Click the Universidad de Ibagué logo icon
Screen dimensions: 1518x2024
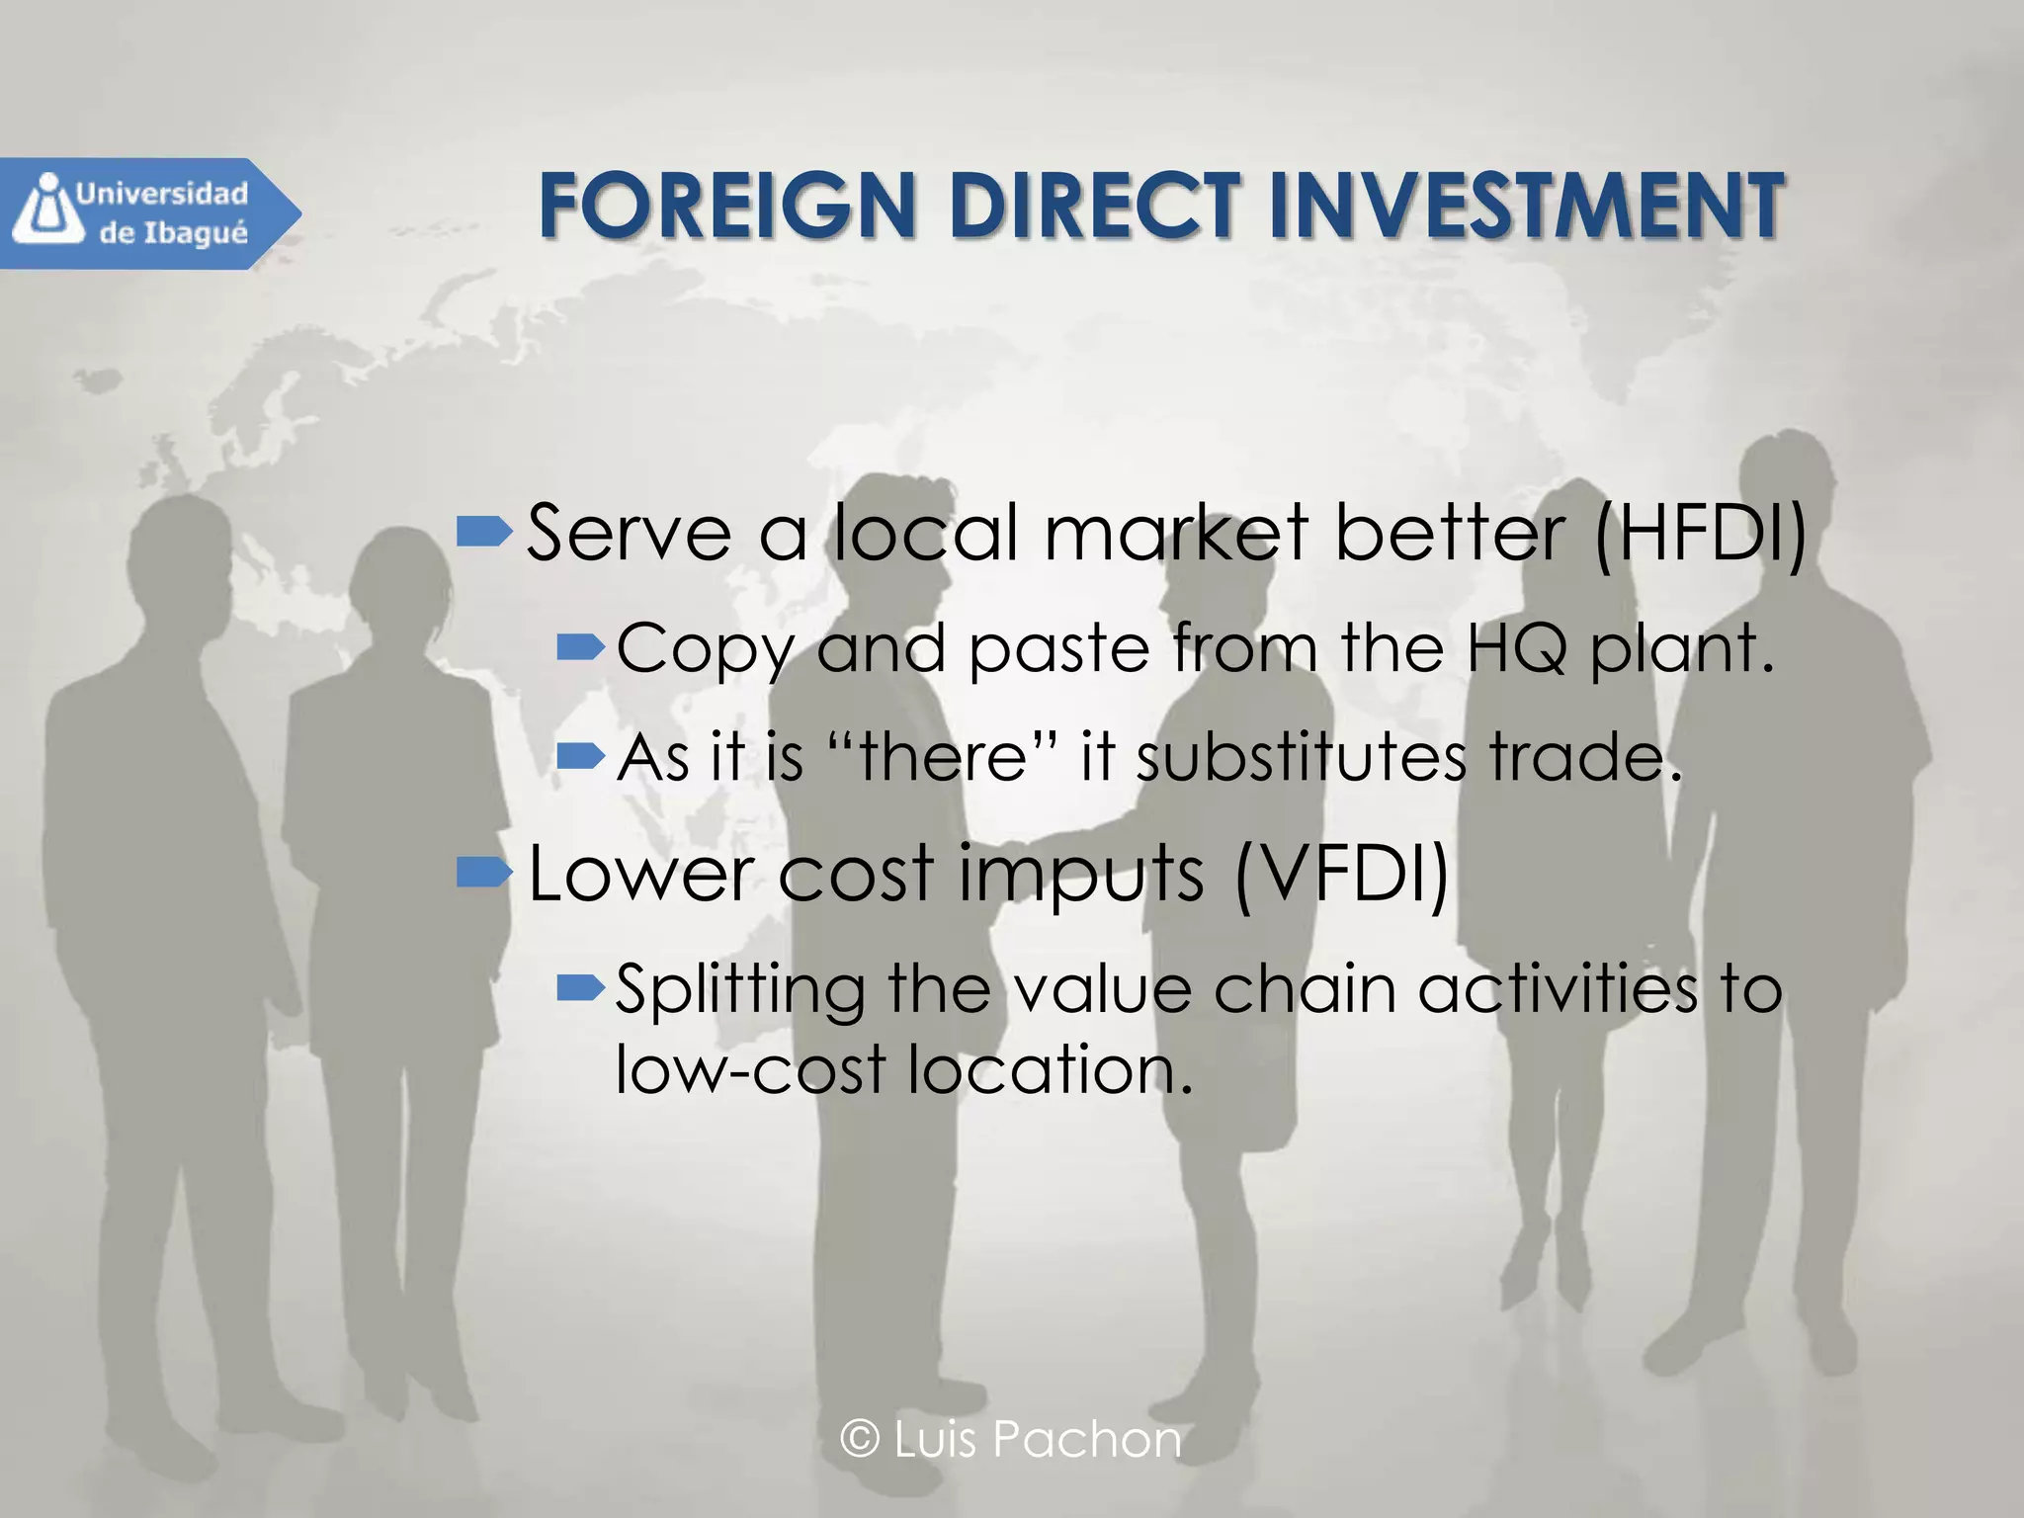point(42,210)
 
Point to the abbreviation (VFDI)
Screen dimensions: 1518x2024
point(1341,874)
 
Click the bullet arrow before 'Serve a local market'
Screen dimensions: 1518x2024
point(484,534)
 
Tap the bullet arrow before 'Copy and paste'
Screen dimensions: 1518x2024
point(580,648)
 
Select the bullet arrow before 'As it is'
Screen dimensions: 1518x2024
point(580,757)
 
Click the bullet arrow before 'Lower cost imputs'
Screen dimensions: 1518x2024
point(484,872)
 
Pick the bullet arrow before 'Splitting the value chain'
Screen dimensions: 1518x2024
point(580,986)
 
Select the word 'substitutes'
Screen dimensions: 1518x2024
point(1301,757)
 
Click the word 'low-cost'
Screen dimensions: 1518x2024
point(750,1069)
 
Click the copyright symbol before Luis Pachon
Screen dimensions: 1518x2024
point(860,1439)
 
